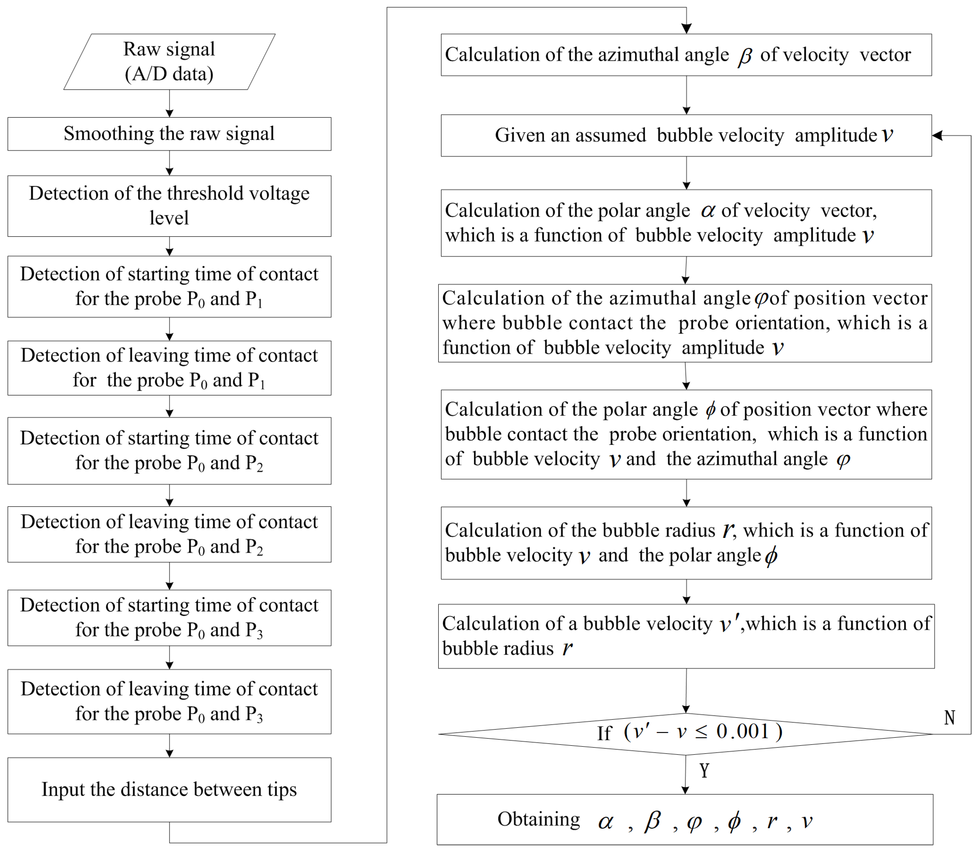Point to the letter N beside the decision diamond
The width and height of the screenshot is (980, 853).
pos(950,717)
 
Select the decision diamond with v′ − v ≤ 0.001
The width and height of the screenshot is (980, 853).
pos(686,733)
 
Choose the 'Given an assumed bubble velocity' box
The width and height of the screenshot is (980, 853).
pos(686,135)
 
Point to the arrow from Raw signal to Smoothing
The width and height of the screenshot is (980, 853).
pos(170,103)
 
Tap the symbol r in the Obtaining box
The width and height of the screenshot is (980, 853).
pos(772,821)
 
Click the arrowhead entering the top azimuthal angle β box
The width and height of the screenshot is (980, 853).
pos(686,29)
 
